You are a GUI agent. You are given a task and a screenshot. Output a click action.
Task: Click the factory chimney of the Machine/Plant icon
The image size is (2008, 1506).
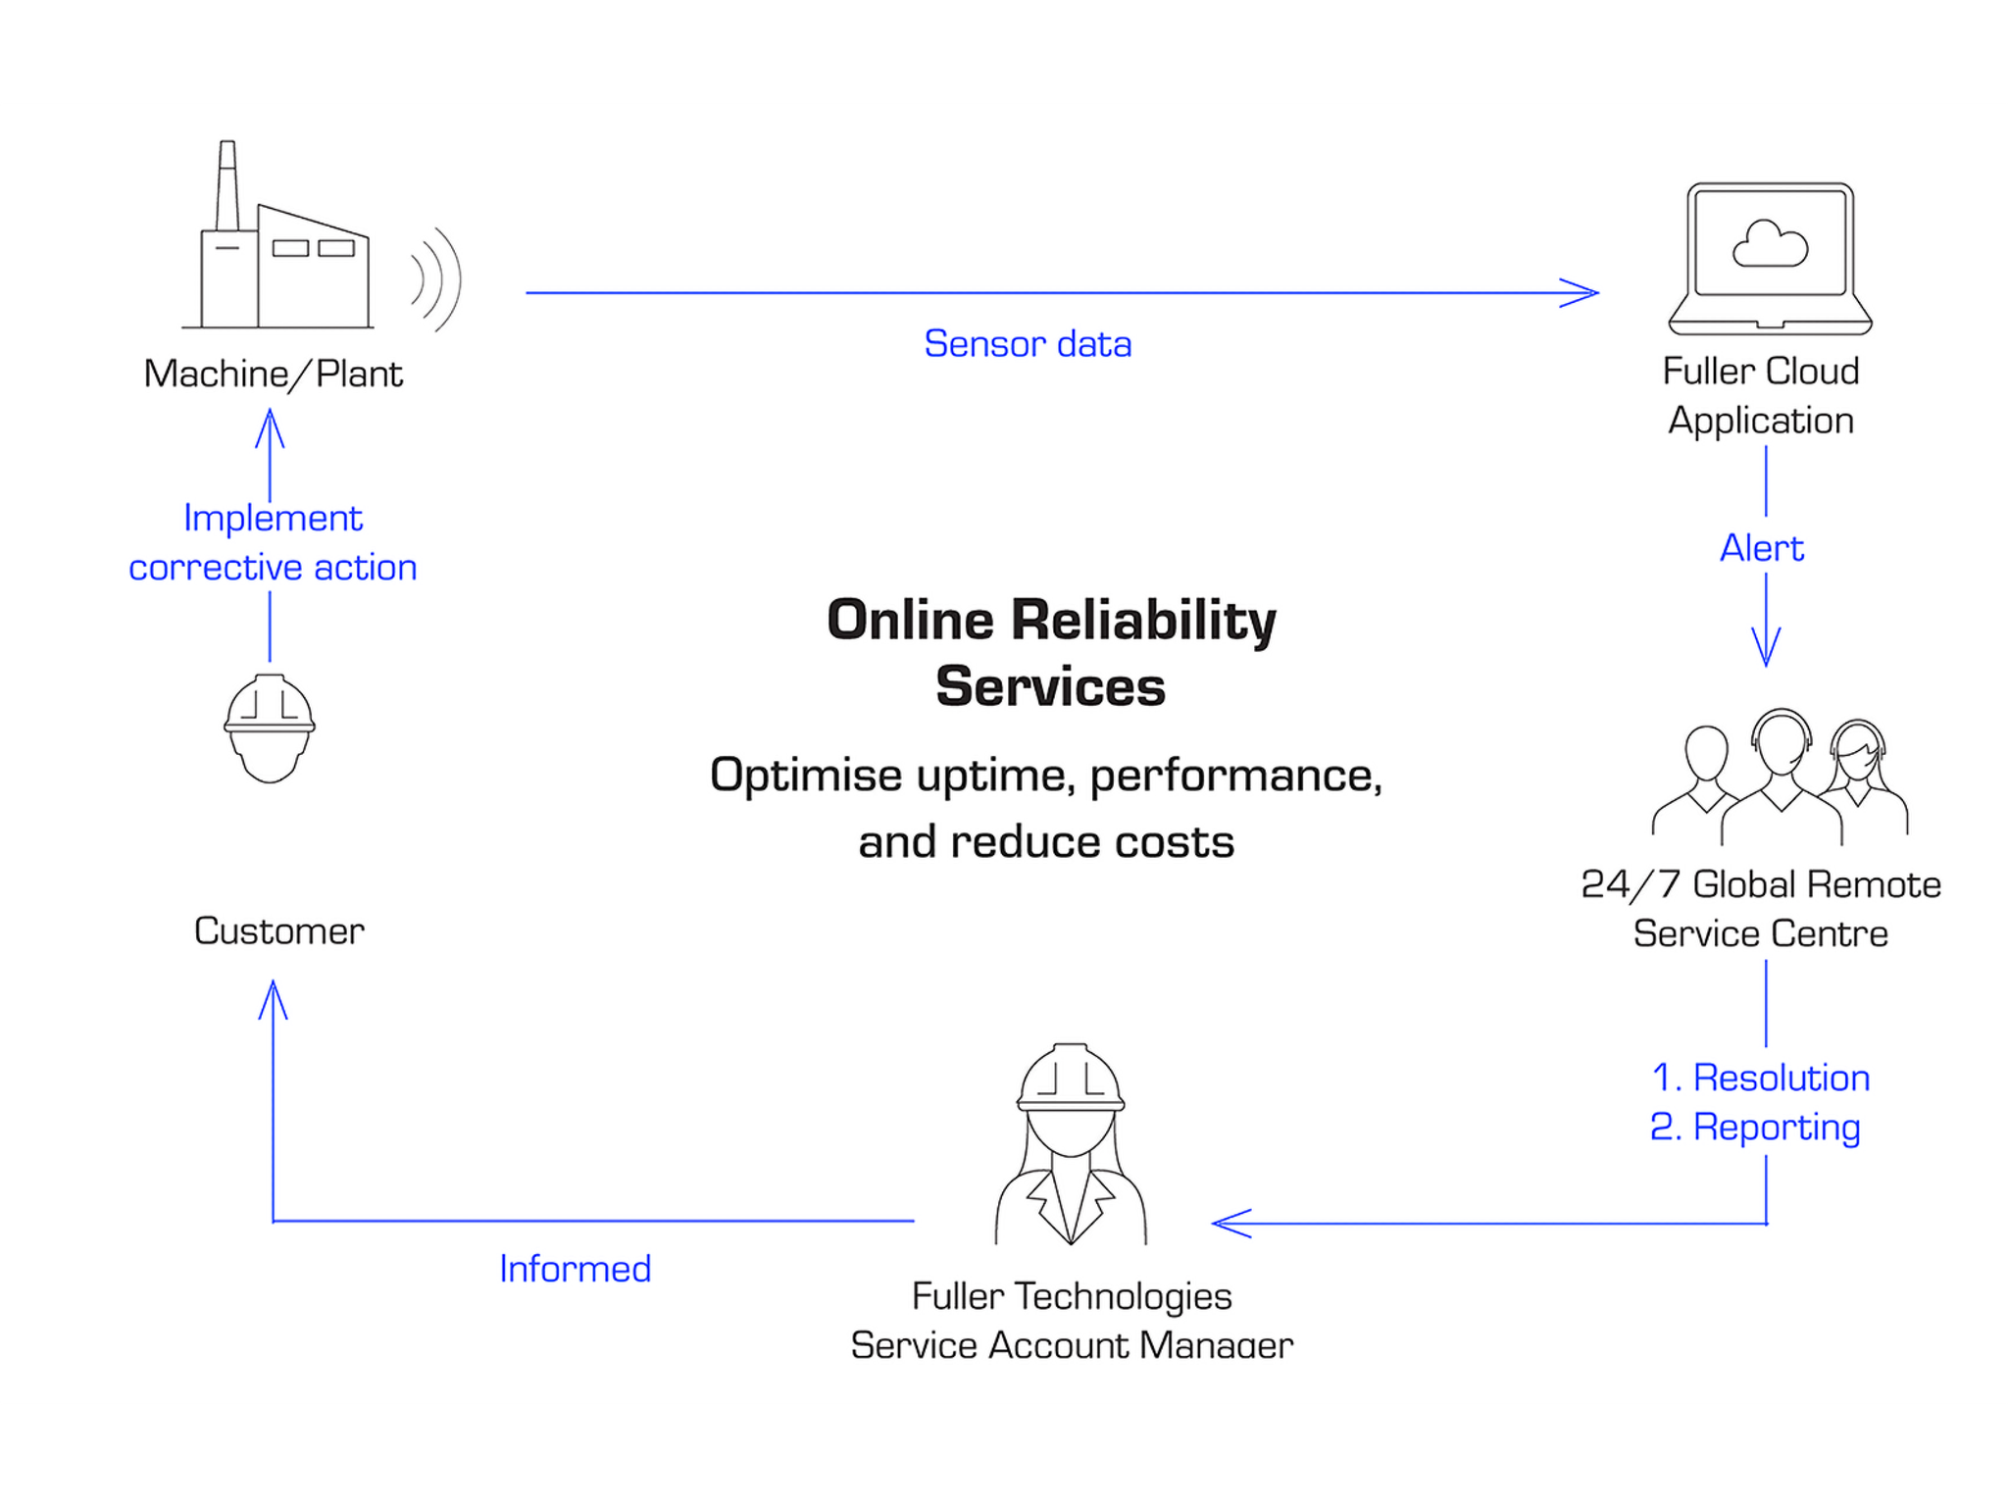pos(226,186)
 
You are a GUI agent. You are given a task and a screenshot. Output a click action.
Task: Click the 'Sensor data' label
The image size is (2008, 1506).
pos(1028,344)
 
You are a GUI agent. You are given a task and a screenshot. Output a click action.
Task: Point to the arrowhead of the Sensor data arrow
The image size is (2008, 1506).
pos(1580,292)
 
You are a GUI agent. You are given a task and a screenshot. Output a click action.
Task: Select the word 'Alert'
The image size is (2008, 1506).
pos(1762,548)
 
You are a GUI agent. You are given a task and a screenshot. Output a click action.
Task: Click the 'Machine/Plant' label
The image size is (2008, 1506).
pos(273,374)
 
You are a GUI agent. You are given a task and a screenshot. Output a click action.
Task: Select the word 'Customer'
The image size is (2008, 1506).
pos(279,930)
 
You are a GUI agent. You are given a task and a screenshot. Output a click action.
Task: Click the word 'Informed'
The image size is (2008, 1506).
pos(576,1269)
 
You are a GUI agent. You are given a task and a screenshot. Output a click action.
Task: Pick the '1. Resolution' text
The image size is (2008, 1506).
pos(1761,1078)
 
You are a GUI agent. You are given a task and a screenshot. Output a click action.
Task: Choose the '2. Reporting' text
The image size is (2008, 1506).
pos(1755,1128)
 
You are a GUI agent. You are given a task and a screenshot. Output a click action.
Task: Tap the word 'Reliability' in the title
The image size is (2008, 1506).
pos(1144,621)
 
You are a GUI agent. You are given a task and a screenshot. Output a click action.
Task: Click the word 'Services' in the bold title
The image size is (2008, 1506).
pos(1051,686)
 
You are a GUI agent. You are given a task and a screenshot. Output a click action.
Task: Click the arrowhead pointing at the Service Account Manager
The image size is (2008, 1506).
pos(1231,1224)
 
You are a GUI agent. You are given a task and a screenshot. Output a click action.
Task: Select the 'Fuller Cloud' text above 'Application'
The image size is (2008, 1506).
pos(1761,371)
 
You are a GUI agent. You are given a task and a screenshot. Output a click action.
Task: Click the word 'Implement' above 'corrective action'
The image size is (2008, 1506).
pos(273,519)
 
